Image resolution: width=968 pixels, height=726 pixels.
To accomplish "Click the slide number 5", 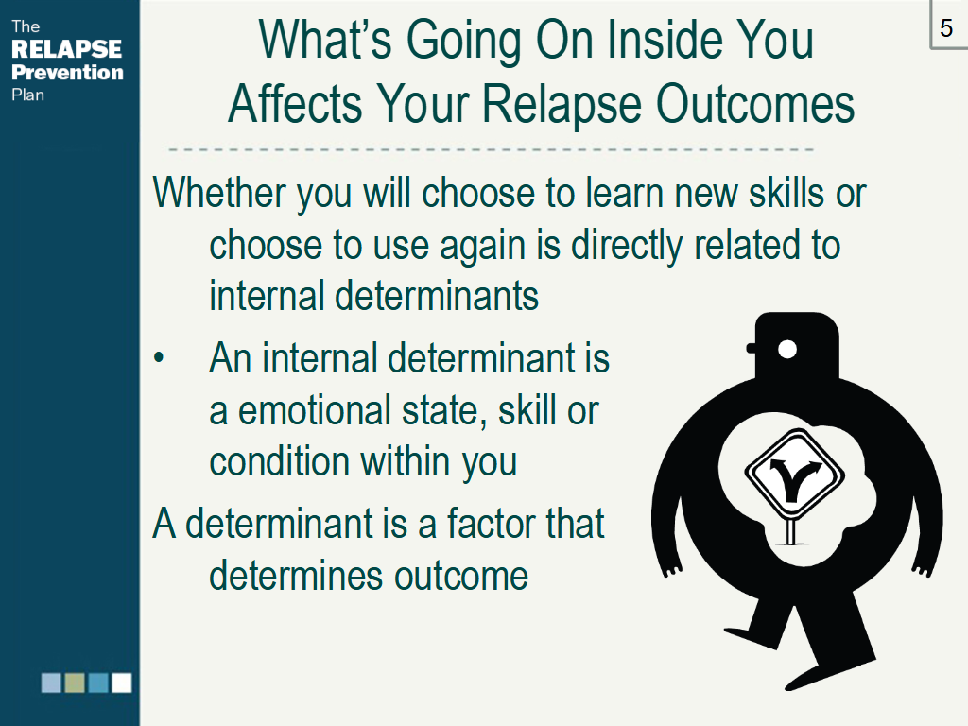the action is coord(945,27).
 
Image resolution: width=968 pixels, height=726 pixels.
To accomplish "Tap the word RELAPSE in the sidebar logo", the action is coord(67,49).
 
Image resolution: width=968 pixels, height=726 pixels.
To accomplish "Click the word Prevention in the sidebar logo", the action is coord(67,72).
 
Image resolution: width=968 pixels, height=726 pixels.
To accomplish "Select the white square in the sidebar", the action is coord(122,683).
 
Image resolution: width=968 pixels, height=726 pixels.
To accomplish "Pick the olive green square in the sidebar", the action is coord(75,683).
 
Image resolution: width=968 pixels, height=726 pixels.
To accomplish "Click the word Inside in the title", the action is coord(665,40).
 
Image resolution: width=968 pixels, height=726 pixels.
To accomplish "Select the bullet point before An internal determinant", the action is coord(159,358).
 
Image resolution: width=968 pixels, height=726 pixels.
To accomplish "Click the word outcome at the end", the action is coord(461,577).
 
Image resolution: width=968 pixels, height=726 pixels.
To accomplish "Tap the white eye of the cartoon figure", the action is coord(787,350).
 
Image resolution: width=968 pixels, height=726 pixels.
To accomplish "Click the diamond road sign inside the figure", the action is coord(794,475).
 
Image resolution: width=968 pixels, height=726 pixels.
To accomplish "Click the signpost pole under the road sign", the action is coord(791,531).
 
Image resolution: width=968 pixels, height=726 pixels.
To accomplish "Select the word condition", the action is coord(278,462).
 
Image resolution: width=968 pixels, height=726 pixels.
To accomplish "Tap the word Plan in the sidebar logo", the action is coord(27,95).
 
